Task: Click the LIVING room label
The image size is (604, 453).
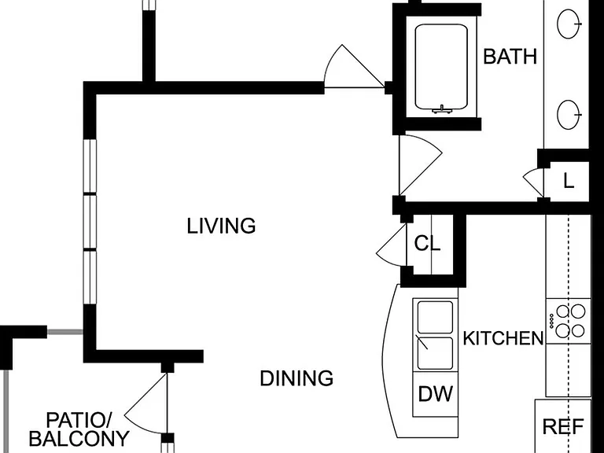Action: (x=221, y=226)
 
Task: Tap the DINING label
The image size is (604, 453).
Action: (x=296, y=378)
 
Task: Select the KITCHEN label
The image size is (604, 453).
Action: (x=503, y=338)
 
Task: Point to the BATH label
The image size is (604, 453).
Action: (x=510, y=57)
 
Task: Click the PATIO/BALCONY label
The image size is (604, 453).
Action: (x=79, y=429)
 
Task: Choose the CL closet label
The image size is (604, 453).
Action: (x=427, y=244)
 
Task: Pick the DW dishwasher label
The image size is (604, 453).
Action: (x=436, y=394)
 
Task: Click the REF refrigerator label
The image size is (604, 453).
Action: (x=563, y=426)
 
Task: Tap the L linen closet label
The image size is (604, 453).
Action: (x=569, y=181)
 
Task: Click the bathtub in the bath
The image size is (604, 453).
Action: (x=441, y=68)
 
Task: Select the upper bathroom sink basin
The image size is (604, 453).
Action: (x=568, y=24)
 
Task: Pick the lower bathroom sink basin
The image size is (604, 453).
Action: (x=568, y=114)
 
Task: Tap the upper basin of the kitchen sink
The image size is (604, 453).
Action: (x=435, y=316)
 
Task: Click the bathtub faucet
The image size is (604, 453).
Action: (x=442, y=109)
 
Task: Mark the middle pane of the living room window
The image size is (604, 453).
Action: (x=90, y=222)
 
